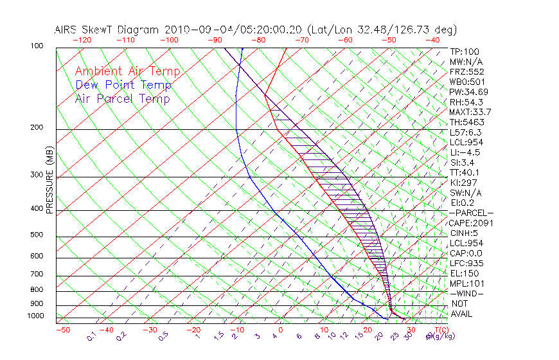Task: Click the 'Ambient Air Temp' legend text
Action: click(x=127, y=71)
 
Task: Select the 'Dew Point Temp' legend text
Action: click(x=123, y=85)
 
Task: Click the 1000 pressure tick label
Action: click(x=36, y=316)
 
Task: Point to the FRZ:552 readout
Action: click(x=466, y=71)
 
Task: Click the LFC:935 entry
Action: click(x=466, y=264)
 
